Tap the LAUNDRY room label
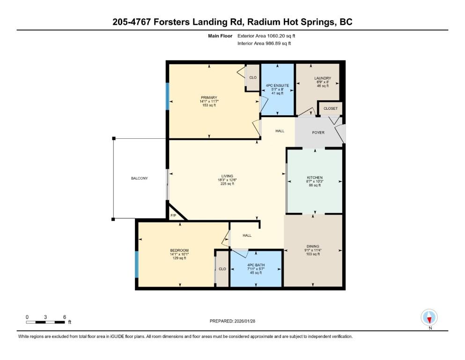pos(323,78)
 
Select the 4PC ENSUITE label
pos(277,85)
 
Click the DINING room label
pos(313,246)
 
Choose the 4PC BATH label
pos(256,265)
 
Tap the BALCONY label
pos(139,178)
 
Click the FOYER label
pos(318,133)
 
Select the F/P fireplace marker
pos(173,216)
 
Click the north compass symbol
pos(429,317)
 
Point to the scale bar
pos(45,322)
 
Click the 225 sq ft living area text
pos(227,184)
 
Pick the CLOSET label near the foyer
pos(331,109)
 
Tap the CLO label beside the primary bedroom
pos(253,77)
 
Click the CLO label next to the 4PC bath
pos(222,269)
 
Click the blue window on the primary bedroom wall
pos(167,97)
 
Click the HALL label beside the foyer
pos(280,131)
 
